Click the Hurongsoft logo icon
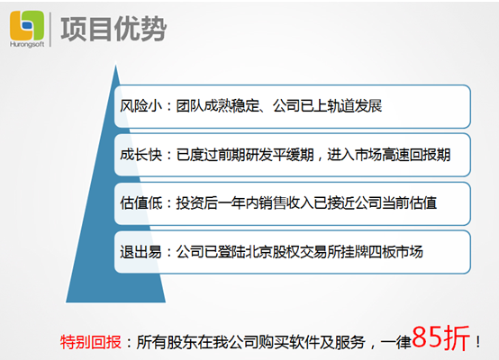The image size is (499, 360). [x=27, y=25]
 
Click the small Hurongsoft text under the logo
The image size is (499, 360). [x=27, y=44]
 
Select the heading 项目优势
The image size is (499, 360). [x=113, y=30]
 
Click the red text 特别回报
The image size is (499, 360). [x=91, y=342]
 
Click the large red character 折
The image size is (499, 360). [x=457, y=337]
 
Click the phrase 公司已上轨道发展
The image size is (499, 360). [x=327, y=106]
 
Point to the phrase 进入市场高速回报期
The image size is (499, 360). [x=388, y=155]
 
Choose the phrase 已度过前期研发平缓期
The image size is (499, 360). [x=245, y=155]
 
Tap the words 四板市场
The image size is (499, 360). [x=395, y=252]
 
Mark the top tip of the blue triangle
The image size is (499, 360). [x=115, y=65]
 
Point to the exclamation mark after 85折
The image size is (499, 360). [x=477, y=342]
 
